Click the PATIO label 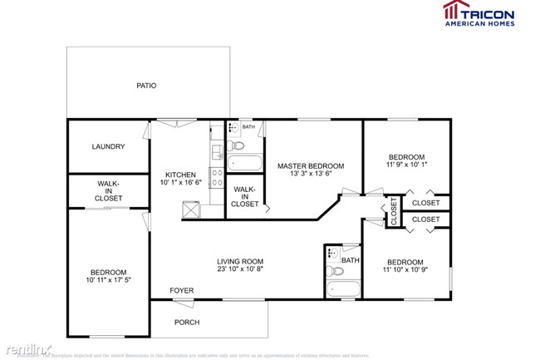pyautogui.click(x=146, y=86)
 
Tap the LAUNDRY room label pyautogui.click(x=108, y=147)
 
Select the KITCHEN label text pyautogui.click(x=179, y=175)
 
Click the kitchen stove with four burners pyautogui.click(x=216, y=177)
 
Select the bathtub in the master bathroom pyautogui.click(x=245, y=162)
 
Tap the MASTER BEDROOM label pyautogui.click(x=310, y=166)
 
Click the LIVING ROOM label pyautogui.click(x=240, y=261)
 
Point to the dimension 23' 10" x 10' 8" pyautogui.click(x=240, y=270)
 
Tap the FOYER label pyautogui.click(x=182, y=291)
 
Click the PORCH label pyautogui.click(x=186, y=323)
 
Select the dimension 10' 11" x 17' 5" pyautogui.click(x=108, y=281)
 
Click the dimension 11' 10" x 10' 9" pyautogui.click(x=406, y=269)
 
